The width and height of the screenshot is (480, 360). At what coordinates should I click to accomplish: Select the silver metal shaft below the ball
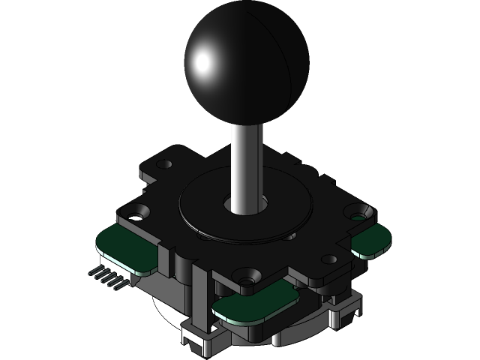247,161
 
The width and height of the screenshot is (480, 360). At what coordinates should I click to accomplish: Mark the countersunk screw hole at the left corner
136,214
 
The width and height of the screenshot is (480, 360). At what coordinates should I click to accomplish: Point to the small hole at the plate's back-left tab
164,163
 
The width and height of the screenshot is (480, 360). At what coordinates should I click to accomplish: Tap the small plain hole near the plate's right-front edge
329,259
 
